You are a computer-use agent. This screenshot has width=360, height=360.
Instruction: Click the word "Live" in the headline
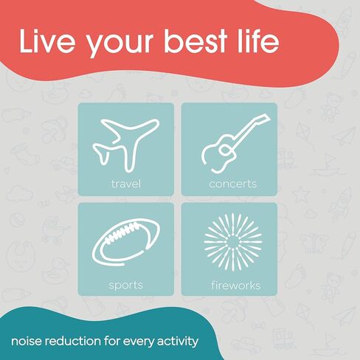[x=47, y=41]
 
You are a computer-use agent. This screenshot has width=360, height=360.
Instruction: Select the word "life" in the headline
[x=258, y=41]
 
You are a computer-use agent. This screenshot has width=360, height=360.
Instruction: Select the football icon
[x=125, y=242]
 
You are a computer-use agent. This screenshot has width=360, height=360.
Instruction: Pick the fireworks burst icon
[x=233, y=242]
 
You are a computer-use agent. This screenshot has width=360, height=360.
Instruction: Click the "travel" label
[x=126, y=184]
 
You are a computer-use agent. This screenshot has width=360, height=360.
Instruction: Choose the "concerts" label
[x=233, y=184]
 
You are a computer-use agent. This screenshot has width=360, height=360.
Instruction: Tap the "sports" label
[x=125, y=285]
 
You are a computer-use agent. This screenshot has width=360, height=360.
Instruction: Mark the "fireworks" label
[x=236, y=285]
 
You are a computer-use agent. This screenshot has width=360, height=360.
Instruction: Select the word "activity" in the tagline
[x=178, y=342]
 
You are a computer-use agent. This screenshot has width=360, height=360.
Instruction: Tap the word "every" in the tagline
[x=139, y=342]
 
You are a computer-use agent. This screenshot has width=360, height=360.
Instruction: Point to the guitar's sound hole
[x=224, y=150]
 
